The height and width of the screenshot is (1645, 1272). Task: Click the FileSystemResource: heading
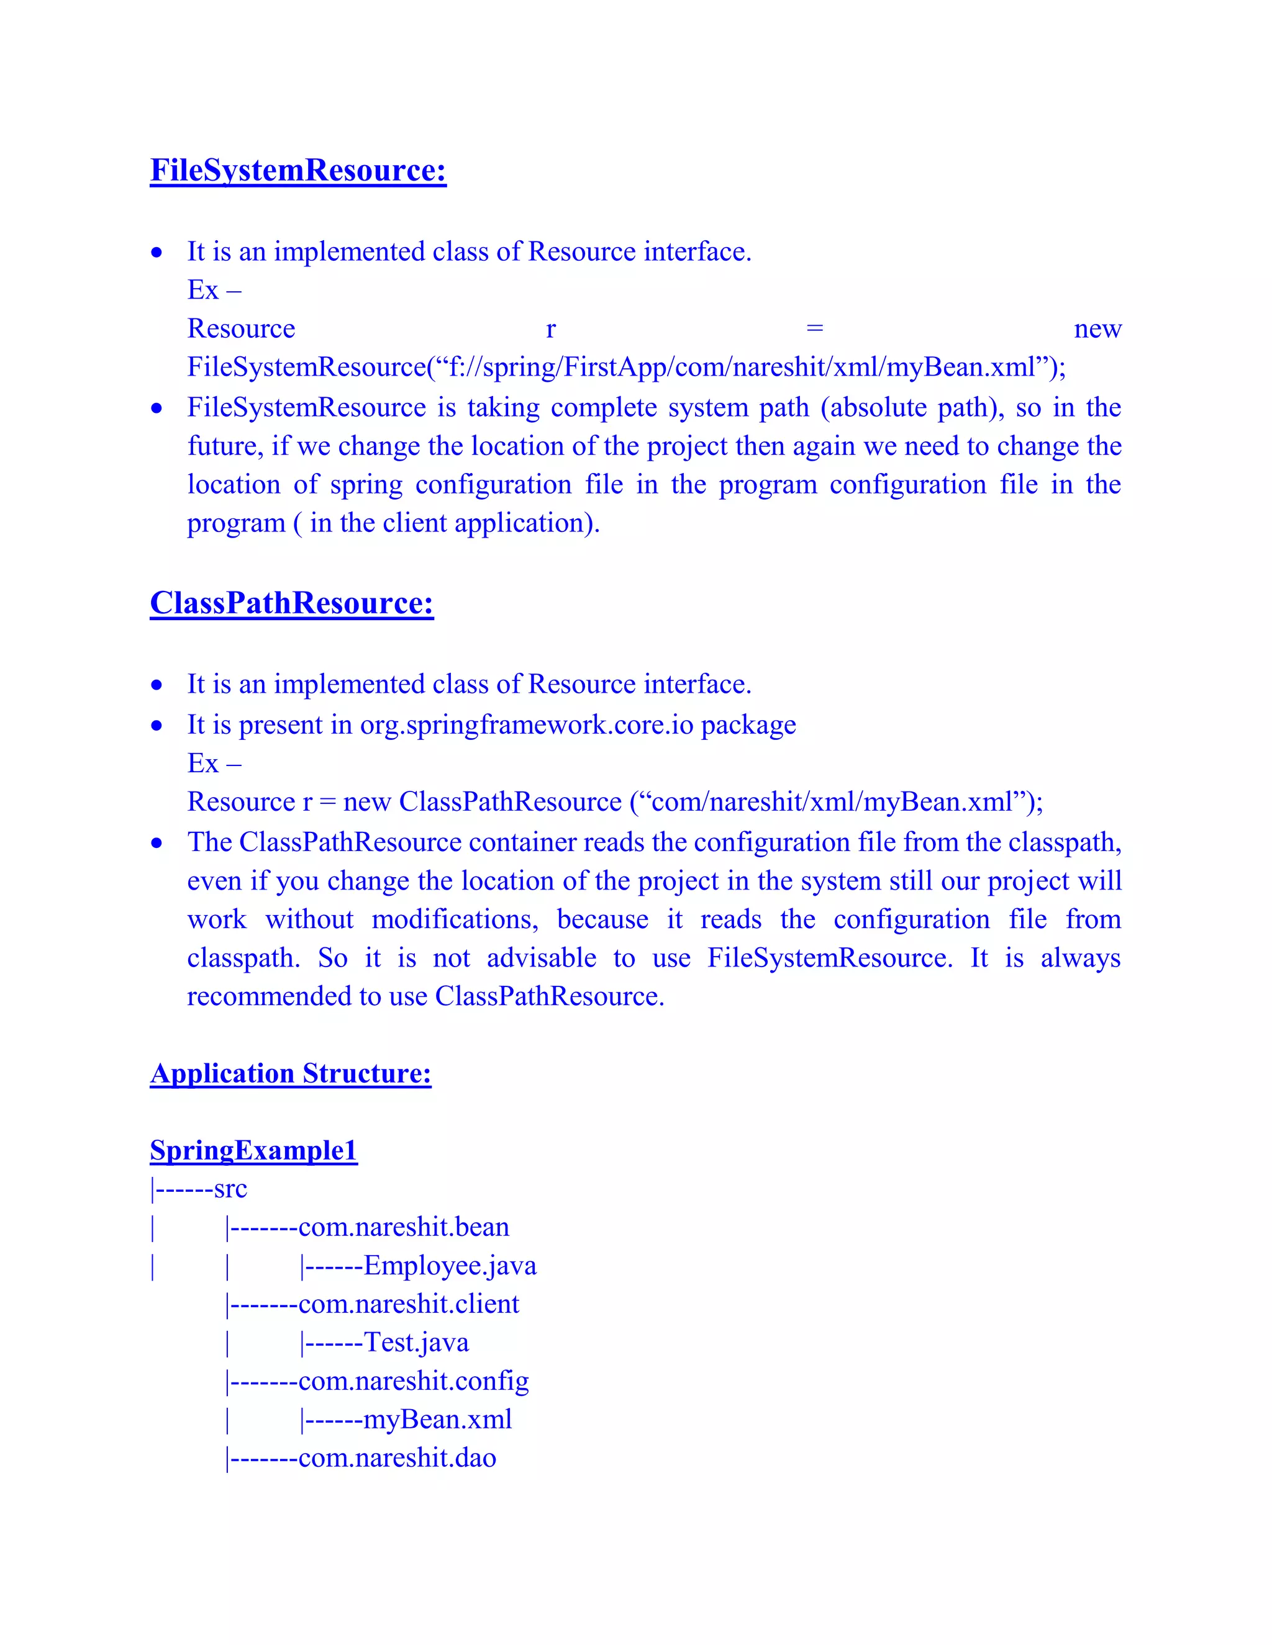pyautogui.click(x=298, y=170)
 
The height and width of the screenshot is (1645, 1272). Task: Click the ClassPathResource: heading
pyautogui.click(x=292, y=603)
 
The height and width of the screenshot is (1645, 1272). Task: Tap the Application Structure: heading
pyautogui.click(x=290, y=1073)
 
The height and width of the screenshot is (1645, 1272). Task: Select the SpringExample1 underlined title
pyautogui.click(x=253, y=1150)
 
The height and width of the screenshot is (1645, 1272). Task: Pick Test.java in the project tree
pyautogui.click(x=416, y=1342)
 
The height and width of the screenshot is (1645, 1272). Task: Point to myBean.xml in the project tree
pyautogui.click(x=437, y=1419)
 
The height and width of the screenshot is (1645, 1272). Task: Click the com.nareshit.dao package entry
pyautogui.click(x=397, y=1458)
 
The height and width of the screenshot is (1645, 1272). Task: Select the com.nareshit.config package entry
pyautogui.click(x=413, y=1381)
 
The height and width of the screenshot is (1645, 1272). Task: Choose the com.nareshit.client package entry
pyautogui.click(x=409, y=1304)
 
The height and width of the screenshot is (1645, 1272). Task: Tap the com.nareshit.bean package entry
pyautogui.click(x=404, y=1227)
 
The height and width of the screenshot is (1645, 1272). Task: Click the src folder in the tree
pyautogui.click(x=230, y=1189)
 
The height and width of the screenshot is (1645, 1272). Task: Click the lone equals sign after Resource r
pyautogui.click(x=815, y=329)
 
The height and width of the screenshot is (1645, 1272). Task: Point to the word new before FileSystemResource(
pyautogui.click(x=1097, y=329)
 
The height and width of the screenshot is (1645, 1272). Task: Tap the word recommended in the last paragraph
pyautogui.click(x=269, y=996)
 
